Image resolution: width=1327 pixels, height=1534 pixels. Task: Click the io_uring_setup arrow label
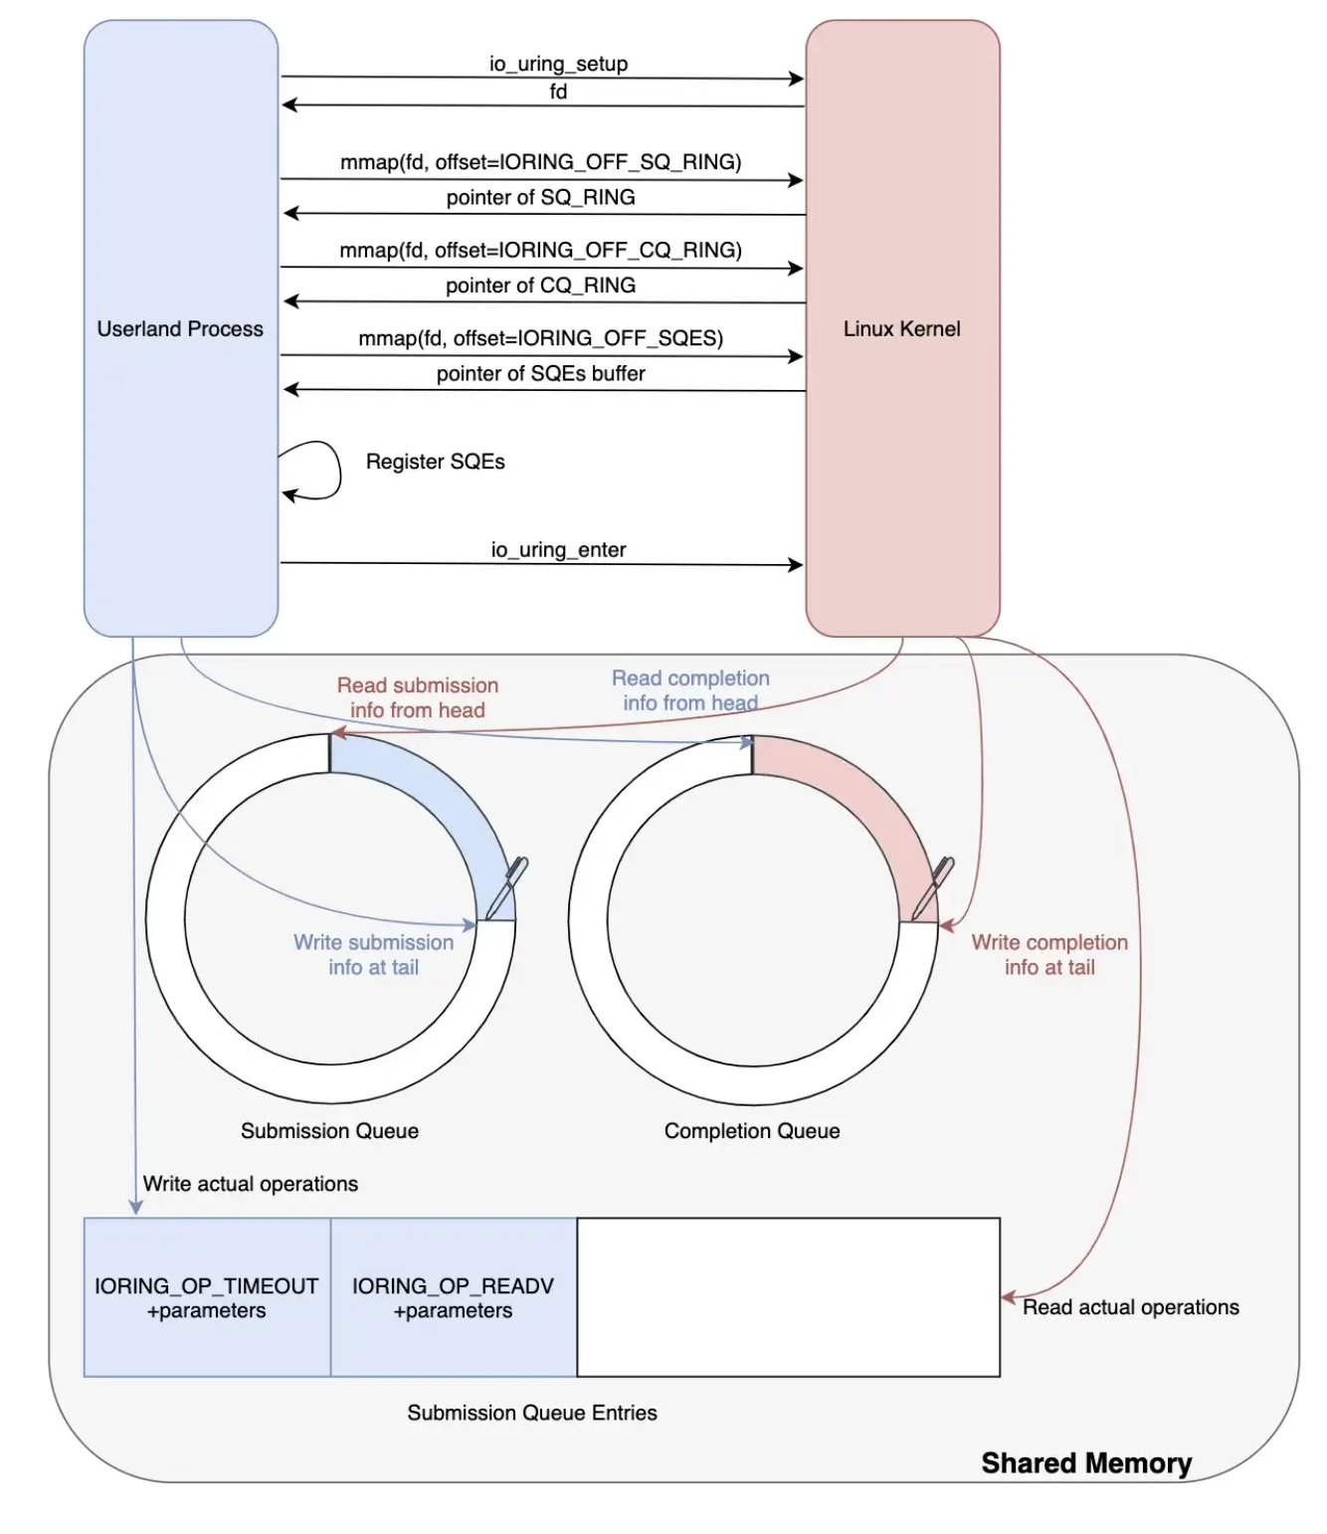coord(558,64)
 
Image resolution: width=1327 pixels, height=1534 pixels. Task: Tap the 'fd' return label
coord(558,92)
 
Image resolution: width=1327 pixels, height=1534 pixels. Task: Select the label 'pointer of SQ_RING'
coord(540,197)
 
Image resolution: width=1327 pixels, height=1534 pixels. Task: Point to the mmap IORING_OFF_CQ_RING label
coord(540,250)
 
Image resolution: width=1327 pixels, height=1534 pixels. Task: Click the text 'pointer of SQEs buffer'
coord(540,373)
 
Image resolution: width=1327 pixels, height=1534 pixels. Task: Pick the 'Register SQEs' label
coord(435,462)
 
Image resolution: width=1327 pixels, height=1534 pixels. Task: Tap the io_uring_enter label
coord(558,549)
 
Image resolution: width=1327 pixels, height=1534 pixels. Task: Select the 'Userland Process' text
coord(180,328)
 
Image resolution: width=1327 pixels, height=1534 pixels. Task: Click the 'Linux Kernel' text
coord(901,328)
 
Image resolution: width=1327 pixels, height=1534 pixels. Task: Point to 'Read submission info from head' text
coord(418,697)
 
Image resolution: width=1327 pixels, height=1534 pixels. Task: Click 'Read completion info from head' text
coord(690,690)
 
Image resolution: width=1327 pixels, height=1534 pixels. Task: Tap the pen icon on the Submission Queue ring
coord(507,887)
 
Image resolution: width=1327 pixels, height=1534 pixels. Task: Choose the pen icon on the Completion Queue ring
coord(933,887)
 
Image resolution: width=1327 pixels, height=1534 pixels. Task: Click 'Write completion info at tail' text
coord(1049,954)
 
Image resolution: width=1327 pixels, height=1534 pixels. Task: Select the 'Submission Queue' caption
coord(329,1130)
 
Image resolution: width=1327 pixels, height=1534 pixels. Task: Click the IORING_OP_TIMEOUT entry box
coord(207,1297)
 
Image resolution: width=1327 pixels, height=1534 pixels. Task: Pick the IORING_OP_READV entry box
coord(453,1297)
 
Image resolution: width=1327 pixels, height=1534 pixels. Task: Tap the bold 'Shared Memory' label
coord(1086,1462)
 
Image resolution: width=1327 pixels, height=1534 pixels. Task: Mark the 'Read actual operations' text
coord(1130,1307)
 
